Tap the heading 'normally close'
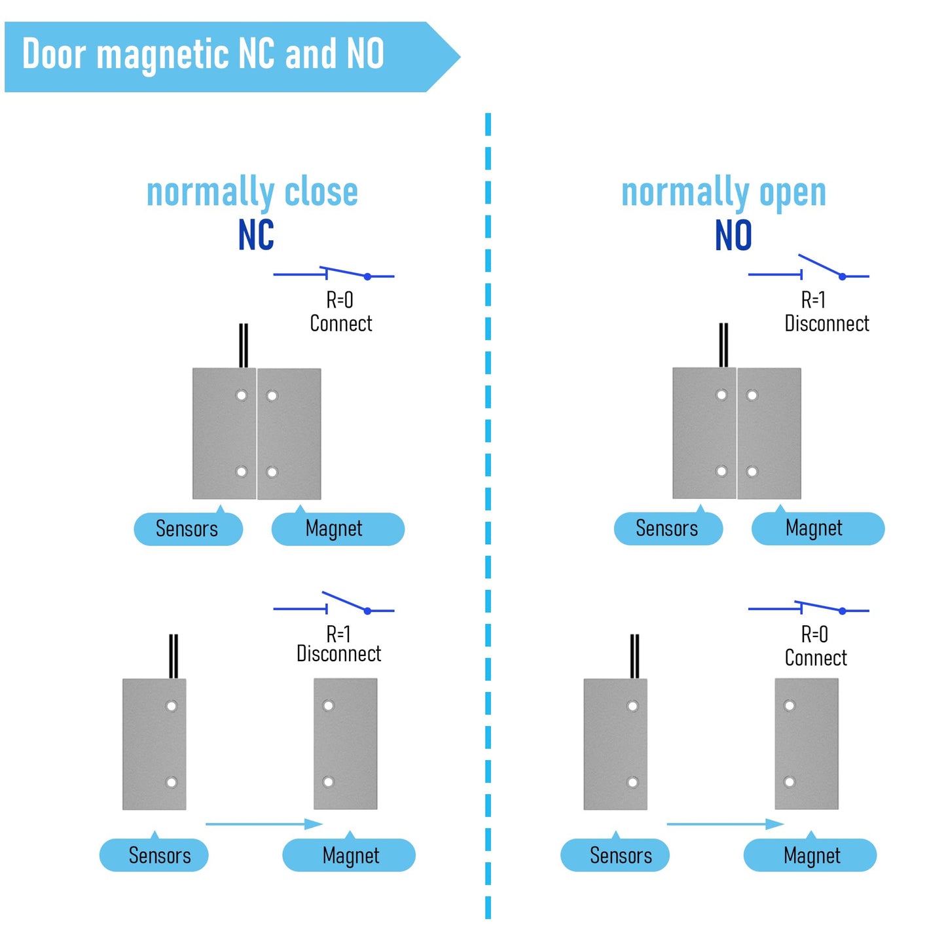click(x=252, y=192)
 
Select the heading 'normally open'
click(x=724, y=192)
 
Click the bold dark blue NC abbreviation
click(x=256, y=235)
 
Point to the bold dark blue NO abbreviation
click(x=733, y=235)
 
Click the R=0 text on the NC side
click(x=340, y=299)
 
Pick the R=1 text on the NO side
click(x=814, y=299)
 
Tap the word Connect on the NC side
click(x=340, y=323)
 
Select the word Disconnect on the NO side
click(x=827, y=323)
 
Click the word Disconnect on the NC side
click(x=338, y=653)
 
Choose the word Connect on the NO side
click(x=816, y=658)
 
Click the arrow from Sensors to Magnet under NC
click(x=264, y=824)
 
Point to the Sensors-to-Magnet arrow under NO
click(x=725, y=824)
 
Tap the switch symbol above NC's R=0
click(x=334, y=274)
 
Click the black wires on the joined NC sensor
click(x=244, y=346)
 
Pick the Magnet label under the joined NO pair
click(x=818, y=528)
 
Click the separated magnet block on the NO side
click(x=807, y=744)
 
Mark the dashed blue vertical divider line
click(x=488, y=515)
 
